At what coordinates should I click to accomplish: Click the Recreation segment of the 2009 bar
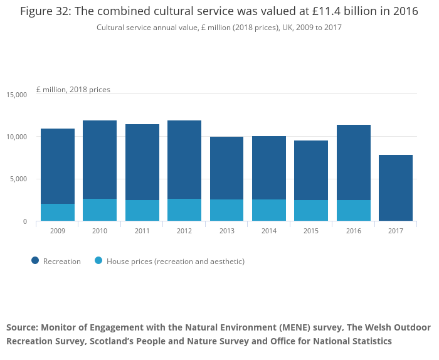(58, 166)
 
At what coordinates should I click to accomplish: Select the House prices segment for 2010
(100, 209)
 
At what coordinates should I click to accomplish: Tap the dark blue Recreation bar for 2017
(396, 188)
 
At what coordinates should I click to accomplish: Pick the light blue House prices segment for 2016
(354, 210)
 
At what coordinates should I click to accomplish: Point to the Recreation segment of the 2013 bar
(226, 168)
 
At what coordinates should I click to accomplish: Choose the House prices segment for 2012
(184, 209)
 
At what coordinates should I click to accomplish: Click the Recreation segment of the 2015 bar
(311, 170)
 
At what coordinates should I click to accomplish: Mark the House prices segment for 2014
(269, 210)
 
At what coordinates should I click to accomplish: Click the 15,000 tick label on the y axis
(17, 95)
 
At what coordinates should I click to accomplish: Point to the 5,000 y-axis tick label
(19, 179)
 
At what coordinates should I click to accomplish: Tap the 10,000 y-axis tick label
(17, 137)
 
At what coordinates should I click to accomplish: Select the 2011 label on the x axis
(142, 231)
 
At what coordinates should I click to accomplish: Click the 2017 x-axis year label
(396, 231)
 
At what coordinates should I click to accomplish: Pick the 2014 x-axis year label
(269, 231)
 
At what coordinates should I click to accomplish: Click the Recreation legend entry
(61, 262)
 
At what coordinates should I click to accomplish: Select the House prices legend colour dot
(98, 261)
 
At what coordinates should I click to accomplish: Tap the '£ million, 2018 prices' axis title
(73, 90)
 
